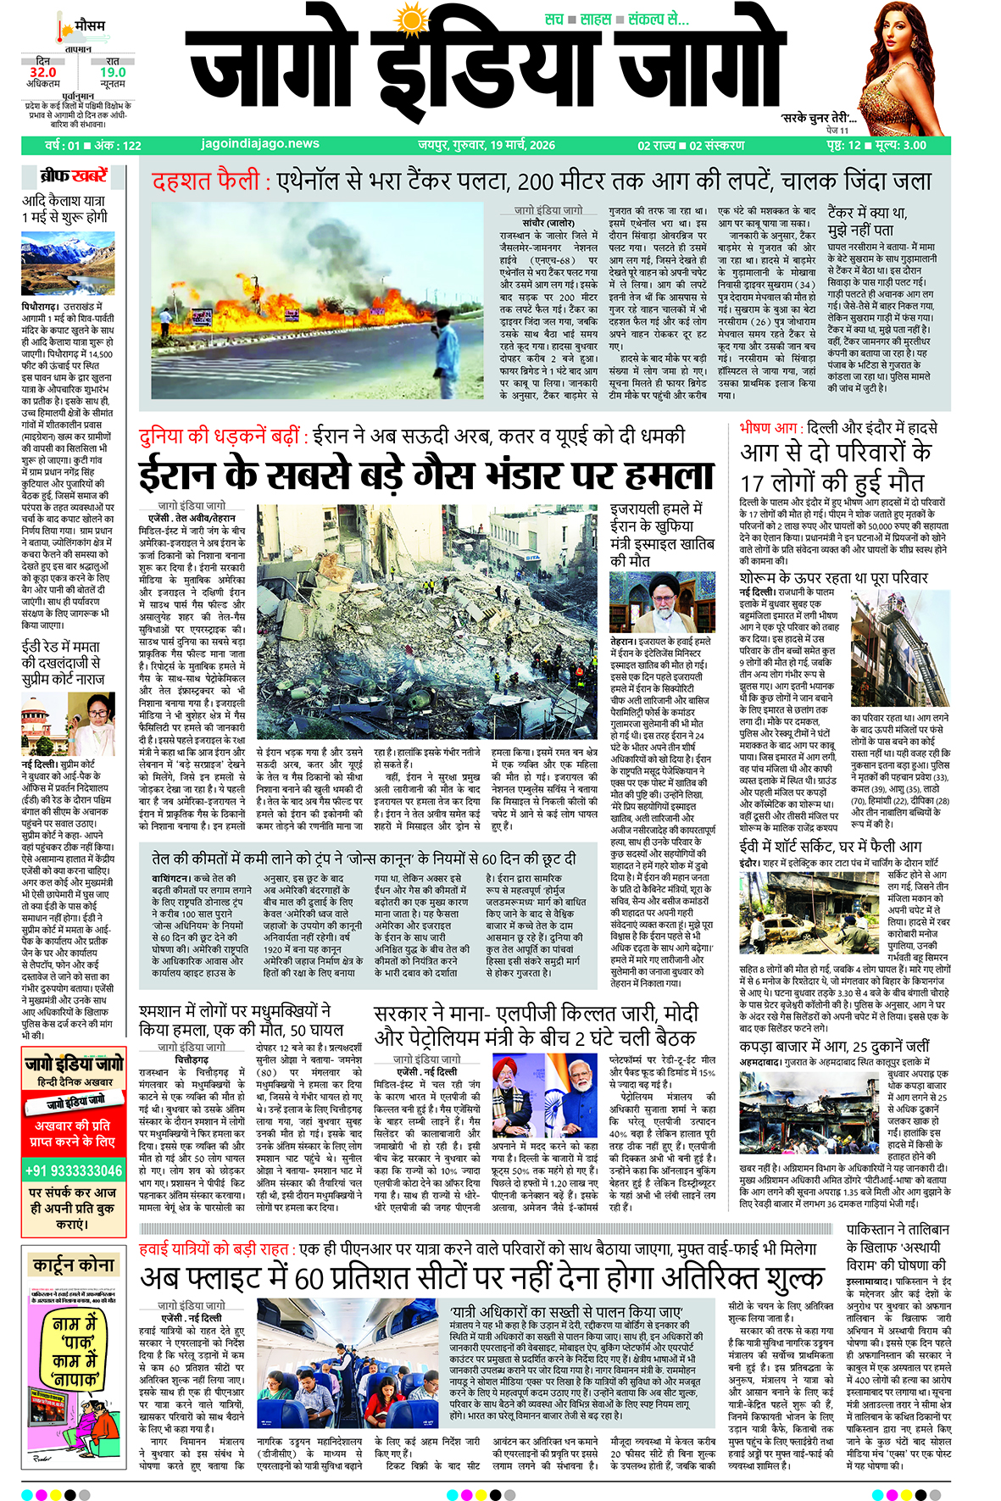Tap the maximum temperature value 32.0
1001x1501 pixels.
(43, 73)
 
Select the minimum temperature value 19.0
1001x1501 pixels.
(112, 73)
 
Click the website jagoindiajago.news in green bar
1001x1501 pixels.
(260, 144)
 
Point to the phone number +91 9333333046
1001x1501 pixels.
(73, 1170)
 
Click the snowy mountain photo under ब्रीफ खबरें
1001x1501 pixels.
(68, 264)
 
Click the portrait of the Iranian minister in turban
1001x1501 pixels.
(662, 602)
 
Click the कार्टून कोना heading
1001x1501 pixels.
(74, 1265)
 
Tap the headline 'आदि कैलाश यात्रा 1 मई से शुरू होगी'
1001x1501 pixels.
(64, 208)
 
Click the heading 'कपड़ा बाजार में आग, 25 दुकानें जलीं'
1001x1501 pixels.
(834, 1046)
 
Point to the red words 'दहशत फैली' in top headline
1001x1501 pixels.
(205, 181)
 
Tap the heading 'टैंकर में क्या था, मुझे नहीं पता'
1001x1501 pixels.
(867, 220)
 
